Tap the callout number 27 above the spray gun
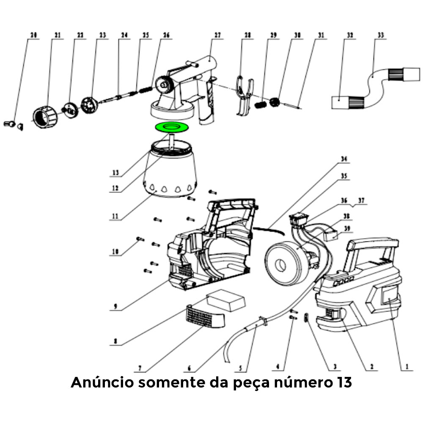218,36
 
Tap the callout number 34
344,159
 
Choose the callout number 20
34,36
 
